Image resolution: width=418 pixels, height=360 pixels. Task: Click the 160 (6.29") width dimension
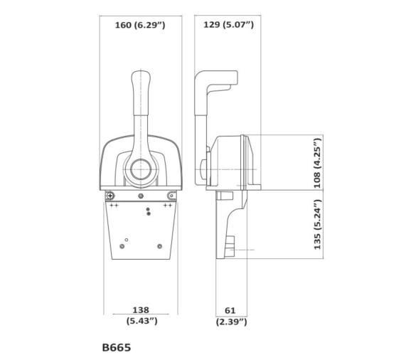(140, 26)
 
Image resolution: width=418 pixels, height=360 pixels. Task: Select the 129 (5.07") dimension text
(229, 26)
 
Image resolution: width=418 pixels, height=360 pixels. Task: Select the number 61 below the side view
(230, 310)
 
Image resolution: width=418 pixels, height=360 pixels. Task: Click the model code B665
(117, 348)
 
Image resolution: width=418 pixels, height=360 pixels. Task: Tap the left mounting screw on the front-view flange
(109, 196)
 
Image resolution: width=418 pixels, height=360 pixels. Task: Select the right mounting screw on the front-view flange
(171, 196)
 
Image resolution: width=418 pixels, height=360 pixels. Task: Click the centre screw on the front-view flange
(141, 196)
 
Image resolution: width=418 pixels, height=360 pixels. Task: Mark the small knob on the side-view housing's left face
(204, 171)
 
